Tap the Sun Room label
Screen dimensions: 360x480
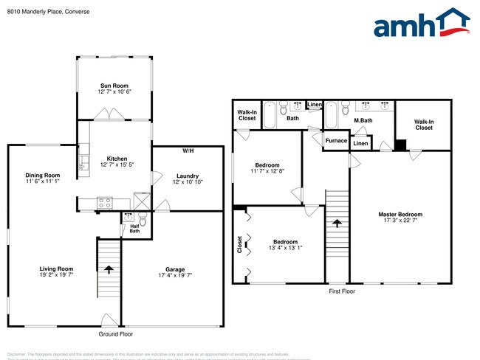point(114,86)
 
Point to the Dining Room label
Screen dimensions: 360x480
point(42,175)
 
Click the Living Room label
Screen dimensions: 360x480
point(56,269)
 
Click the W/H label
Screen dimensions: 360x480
point(188,151)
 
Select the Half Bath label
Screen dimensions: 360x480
point(134,229)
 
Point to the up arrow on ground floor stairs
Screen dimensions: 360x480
point(109,269)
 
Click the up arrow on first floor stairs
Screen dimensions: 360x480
point(337,223)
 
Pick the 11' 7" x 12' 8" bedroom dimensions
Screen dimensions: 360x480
point(267,171)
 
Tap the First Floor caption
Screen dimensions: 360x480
point(342,292)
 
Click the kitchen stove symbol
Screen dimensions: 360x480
point(105,201)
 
